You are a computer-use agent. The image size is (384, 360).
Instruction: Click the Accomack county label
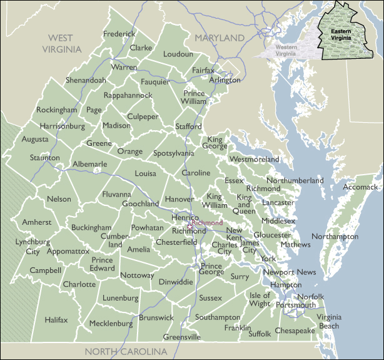click(361, 187)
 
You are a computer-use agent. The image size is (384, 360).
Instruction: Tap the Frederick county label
click(119, 34)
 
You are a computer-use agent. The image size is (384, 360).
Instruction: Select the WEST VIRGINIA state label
click(62, 43)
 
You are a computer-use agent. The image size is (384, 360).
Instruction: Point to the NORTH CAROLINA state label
click(126, 351)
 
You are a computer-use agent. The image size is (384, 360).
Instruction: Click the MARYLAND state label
click(219, 38)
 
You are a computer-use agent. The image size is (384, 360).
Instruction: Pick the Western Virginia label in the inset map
click(286, 49)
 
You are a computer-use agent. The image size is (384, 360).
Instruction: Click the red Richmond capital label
click(207, 223)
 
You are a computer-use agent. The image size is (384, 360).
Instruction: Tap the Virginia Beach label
click(328, 321)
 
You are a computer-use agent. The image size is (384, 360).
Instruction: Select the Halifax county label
click(56, 319)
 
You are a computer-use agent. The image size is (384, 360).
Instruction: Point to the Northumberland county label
click(295, 180)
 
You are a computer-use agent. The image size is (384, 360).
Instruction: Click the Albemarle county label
click(90, 164)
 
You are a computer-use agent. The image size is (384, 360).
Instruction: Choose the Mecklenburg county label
click(111, 324)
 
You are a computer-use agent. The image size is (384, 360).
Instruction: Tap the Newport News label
click(290, 272)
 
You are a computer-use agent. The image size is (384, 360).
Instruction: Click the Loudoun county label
click(178, 54)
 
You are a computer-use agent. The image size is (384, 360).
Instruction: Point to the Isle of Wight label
click(260, 299)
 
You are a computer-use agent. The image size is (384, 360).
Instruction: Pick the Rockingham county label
click(56, 110)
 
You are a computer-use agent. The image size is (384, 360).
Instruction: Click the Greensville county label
click(182, 337)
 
